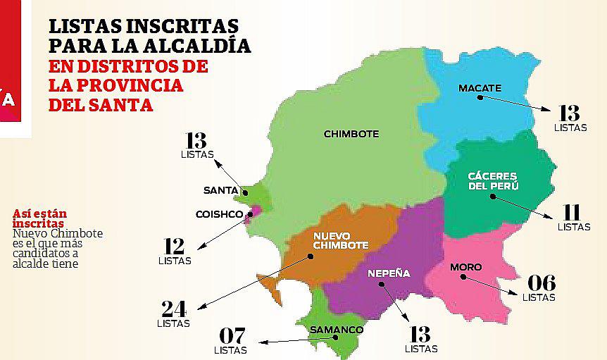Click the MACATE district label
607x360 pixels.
click(480, 88)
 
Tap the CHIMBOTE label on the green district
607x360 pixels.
click(351, 134)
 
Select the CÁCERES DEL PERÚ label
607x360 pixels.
click(493, 181)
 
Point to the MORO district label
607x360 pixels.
click(465, 268)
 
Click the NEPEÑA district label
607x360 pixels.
click(389, 274)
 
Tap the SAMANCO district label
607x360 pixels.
click(337, 330)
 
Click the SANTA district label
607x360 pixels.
click(220, 190)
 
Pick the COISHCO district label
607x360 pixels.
click(219, 214)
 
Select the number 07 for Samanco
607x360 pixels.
click(232, 336)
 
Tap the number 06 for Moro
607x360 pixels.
click(539, 283)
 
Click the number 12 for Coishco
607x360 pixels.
click(173, 247)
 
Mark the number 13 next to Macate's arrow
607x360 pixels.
click(569, 113)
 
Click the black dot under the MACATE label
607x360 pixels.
click(480, 98)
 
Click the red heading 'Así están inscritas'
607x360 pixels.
click(44, 218)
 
